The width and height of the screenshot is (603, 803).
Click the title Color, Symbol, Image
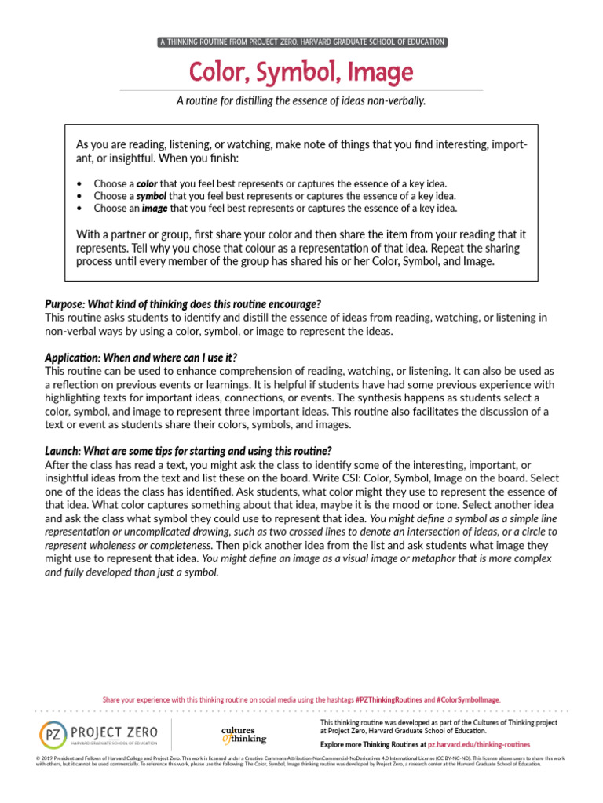point(301,72)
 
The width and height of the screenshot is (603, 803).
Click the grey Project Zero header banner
point(301,42)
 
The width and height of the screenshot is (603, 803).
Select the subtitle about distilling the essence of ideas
point(301,101)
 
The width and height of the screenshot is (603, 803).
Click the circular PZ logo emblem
point(53,734)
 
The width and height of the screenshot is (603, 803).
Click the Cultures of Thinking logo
point(243,734)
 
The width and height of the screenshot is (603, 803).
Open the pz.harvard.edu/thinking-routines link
point(478,743)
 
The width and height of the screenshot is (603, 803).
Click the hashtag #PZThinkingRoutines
point(388,699)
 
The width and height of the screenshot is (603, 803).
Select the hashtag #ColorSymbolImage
point(467,699)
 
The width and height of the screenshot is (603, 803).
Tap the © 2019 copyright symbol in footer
point(38,758)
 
